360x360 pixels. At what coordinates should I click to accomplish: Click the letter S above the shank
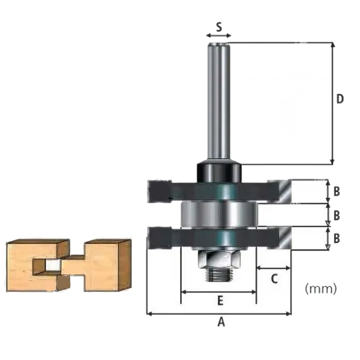pos(219,27)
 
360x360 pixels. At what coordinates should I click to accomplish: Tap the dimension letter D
pos(340,99)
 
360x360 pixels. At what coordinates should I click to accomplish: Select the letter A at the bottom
pos(221,322)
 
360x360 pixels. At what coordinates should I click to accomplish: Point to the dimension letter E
pos(220,301)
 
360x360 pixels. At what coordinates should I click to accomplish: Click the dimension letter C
pos(274,279)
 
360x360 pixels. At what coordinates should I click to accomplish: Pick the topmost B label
pos(336,191)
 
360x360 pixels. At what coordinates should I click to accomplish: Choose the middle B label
pos(336,216)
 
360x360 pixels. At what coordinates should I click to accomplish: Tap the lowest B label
pos(336,238)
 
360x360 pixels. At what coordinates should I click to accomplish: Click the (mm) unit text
pos(321,288)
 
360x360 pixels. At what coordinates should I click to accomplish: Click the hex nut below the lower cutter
pos(219,259)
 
